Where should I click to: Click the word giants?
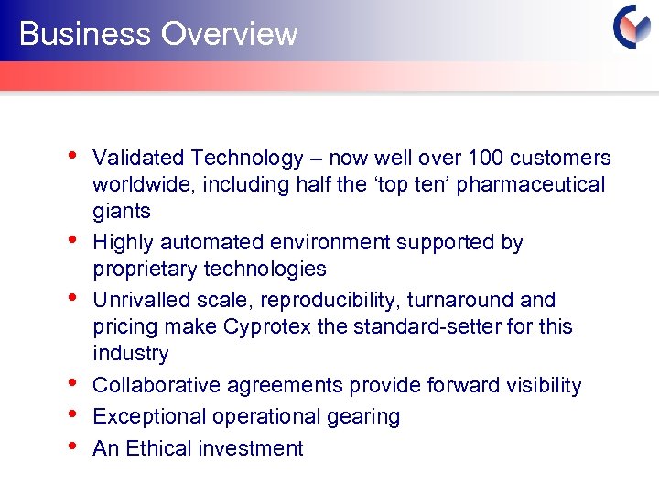point(121,211)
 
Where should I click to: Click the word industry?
point(130,353)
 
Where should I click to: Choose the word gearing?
point(365,417)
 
